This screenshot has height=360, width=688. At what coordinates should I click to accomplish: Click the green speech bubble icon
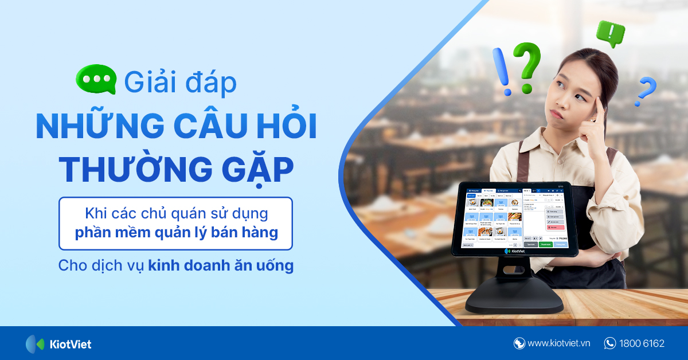[x=96, y=80]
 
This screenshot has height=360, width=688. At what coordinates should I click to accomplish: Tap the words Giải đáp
[x=180, y=82]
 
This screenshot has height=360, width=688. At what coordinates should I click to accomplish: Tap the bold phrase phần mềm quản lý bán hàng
[x=177, y=233]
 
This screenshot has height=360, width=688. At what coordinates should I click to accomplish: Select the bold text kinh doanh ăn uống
[x=221, y=266]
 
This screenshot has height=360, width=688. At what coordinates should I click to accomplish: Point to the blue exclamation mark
[x=504, y=72]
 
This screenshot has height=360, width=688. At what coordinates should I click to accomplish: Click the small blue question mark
[x=646, y=91]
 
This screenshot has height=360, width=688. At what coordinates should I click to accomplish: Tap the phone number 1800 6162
[x=642, y=344]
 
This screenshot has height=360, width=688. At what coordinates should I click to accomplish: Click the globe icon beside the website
[x=519, y=343]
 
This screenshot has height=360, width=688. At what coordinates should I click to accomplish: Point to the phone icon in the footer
[x=610, y=343]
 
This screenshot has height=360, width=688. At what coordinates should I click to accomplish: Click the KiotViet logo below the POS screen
[x=515, y=251]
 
